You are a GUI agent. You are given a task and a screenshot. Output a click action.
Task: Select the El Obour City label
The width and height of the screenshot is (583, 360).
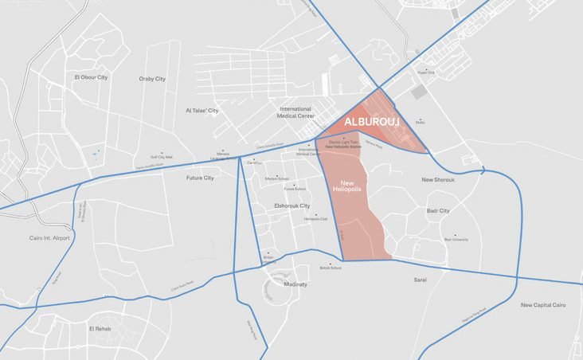(90, 77)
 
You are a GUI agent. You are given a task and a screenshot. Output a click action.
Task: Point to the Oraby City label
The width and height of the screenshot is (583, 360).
(152, 79)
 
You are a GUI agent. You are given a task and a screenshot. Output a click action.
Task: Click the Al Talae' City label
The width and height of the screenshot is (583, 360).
(202, 111)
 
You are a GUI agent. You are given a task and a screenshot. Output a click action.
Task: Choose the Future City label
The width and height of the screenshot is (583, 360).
(200, 178)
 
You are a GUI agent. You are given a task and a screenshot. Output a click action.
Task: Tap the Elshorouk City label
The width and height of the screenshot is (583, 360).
(291, 205)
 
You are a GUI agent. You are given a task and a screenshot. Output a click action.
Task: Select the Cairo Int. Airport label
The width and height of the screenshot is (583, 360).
(49, 237)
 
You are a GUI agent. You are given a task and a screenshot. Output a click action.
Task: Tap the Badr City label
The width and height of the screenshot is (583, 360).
(438, 211)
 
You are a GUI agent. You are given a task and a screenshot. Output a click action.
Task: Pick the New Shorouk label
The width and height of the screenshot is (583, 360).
(438, 180)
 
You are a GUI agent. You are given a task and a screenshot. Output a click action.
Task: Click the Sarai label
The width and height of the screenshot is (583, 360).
(421, 280)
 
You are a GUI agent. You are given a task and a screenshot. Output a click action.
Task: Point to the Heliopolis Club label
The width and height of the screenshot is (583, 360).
(315, 218)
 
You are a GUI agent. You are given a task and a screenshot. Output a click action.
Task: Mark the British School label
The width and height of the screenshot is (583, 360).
(331, 268)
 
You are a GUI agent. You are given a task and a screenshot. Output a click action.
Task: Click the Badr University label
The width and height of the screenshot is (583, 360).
(456, 239)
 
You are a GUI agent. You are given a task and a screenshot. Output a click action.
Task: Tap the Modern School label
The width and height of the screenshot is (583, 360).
(277, 178)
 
